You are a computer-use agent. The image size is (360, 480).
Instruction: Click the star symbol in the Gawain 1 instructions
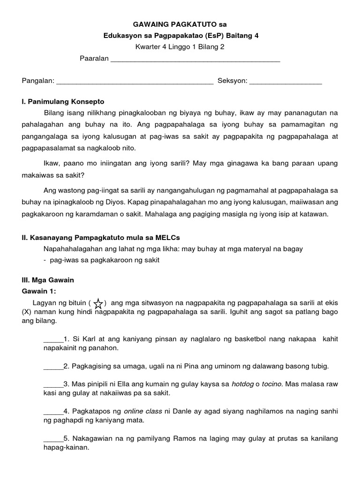coord(98,304)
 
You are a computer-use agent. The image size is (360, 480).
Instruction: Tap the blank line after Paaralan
coord(195,60)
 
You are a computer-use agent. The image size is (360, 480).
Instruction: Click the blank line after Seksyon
coord(285,82)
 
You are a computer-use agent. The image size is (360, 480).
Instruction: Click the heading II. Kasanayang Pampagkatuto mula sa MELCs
coord(101,238)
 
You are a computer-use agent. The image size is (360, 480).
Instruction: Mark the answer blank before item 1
coord(53,339)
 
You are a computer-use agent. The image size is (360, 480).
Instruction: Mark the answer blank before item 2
coord(53,366)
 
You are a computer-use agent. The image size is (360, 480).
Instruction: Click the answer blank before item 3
coord(53,384)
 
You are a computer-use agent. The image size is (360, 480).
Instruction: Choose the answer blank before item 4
coord(53,412)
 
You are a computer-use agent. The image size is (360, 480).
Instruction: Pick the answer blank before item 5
coord(53,439)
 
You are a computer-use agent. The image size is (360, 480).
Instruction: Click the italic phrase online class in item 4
coord(143,411)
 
